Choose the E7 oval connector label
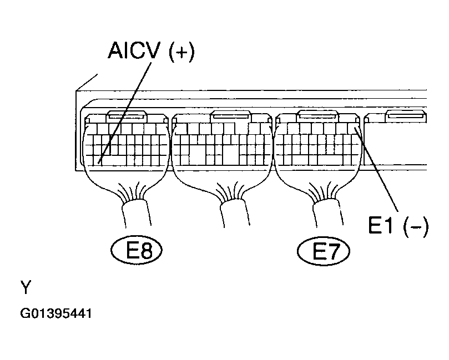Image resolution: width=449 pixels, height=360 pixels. (x=324, y=252)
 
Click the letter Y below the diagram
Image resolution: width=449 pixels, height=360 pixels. (x=26, y=287)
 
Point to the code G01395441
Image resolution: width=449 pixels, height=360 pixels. (x=56, y=314)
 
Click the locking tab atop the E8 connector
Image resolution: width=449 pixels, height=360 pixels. (x=127, y=116)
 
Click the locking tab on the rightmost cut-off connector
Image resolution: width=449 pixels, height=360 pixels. (x=407, y=116)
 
